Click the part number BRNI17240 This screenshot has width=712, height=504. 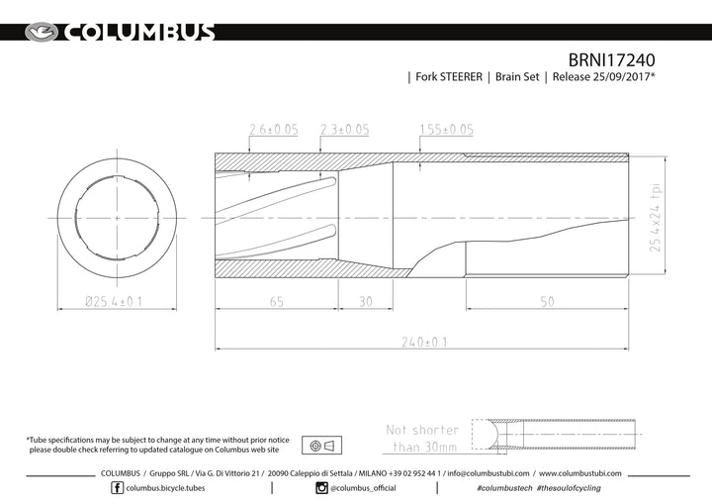point(611,59)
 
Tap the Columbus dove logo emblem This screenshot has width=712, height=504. point(42,33)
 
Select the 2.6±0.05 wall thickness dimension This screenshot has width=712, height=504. point(273,130)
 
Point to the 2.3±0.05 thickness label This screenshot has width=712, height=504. point(345,130)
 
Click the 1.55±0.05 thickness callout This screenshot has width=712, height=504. point(446,130)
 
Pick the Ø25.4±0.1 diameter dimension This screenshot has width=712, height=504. point(114,302)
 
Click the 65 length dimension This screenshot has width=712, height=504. point(277,302)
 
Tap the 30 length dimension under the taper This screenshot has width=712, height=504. point(366,302)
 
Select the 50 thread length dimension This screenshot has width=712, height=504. point(547,302)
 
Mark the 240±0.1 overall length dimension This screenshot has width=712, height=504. point(424,342)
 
